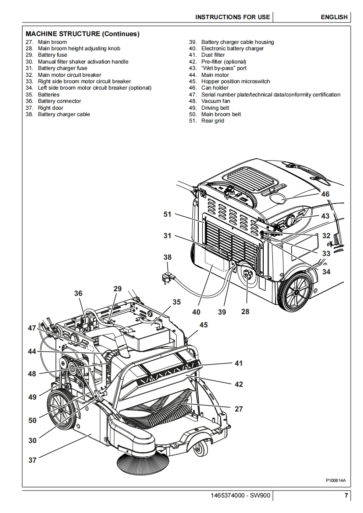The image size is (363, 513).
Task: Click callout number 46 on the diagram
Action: point(325,194)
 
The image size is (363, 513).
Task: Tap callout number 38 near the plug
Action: point(168,257)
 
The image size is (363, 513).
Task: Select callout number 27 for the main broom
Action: point(239,409)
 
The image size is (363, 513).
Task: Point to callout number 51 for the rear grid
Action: point(168,214)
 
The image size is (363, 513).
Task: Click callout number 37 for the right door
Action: point(32,460)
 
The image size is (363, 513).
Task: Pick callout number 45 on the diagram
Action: point(203,325)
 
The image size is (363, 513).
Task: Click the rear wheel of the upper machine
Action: point(296,292)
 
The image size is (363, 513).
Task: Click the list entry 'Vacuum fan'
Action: point(216,101)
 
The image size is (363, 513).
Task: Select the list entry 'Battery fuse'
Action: point(53,55)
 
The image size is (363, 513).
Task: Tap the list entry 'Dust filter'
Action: point(213,55)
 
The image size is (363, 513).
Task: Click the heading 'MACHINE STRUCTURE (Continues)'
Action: point(82,34)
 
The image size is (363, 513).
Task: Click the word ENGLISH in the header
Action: point(334,17)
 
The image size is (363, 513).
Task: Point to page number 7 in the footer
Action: point(346,495)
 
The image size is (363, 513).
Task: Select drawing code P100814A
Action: point(336,480)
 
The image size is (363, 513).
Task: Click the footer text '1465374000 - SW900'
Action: point(241,495)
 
